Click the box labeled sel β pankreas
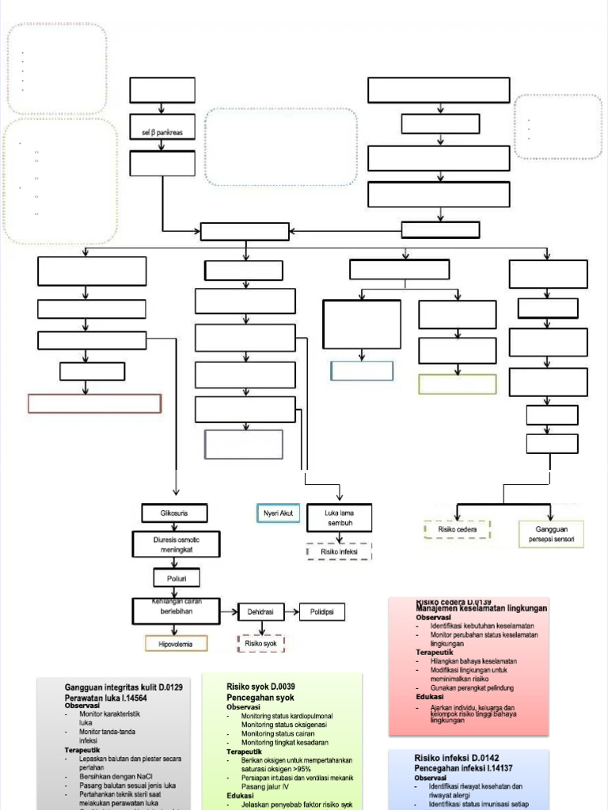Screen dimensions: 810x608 coord(161,133)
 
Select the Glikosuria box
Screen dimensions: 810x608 coord(174,513)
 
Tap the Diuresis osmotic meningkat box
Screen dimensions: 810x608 coord(177,544)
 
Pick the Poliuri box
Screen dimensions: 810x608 coord(177,578)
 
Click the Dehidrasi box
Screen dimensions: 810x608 coord(260,611)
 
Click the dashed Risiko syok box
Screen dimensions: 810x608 coord(261,644)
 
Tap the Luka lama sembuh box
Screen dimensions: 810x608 coord(339,518)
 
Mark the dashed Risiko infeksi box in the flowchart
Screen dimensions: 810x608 coord(339,552)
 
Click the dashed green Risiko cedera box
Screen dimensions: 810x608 coord(457,529)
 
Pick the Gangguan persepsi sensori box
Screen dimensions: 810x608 coord(551,534)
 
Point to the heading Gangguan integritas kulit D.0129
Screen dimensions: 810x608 coord(123,688)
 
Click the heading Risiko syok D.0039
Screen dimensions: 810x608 coord(260,687)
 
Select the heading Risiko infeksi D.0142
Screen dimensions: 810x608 coord(457,758)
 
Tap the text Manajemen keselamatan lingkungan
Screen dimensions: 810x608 coord(481,608)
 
